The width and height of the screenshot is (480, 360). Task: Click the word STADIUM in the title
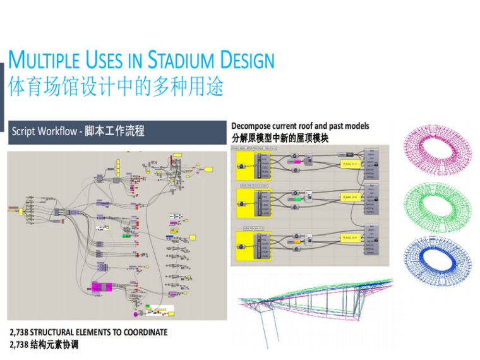point(181,61)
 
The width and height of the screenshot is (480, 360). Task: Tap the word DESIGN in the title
point(248,61)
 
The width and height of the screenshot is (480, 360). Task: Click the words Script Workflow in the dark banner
point(44,131)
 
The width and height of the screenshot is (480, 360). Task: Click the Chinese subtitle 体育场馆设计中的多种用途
point(116,87)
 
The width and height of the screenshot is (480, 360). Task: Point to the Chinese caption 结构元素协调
point(54,345)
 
